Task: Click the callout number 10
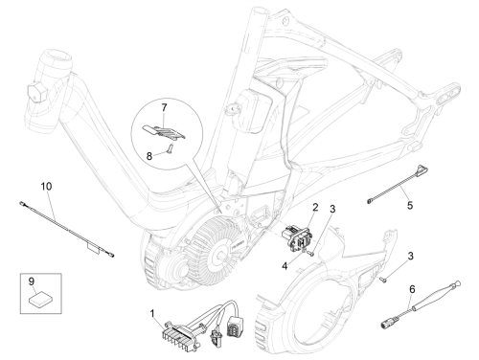pyautogui.click(x=46, y=186)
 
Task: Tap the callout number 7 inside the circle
pyautogui.click(x=164, y=107)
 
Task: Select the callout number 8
pyautogui.click(x=149, y=156)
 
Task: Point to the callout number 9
pyautogui.click(x=32, y=281)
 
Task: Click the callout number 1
pyautogui.click(x=152, y=314)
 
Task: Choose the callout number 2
pyautogui.click(x=315, y=208)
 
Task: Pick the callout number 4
pyautogui.click(x=285, y=265)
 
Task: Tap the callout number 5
pyautogui.click(x=410, y=205)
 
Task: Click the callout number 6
pyautogui.click(x=412, y=289)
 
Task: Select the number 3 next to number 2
pyautogui.click(x=332, y=209)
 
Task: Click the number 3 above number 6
pyautogui.click(x=411, y=256)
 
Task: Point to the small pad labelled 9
pyautogui.click(x=39, y=300)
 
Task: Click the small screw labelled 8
pyautogui.click(x=170, y=148)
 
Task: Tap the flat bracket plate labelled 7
pyautogui.click(x=164, y=132)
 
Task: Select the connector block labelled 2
pyautogui.click(x=295, y=239)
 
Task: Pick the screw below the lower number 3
pyautogui.click(x=383, y=280)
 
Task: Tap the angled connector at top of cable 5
pyautogui.click(x=422, y=169)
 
